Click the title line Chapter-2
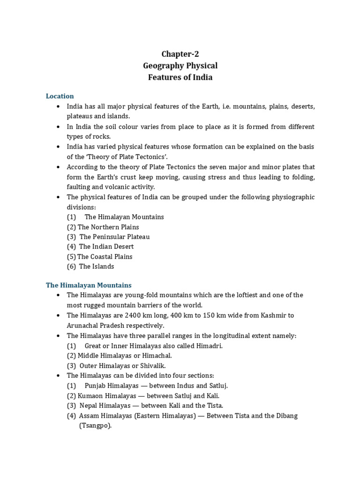pos(180,54)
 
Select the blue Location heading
pos(60,96)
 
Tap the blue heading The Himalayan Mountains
pos(89,285)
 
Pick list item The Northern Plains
pos(108,227)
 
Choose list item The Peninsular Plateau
pos(114,237)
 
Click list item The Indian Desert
pos(106,247)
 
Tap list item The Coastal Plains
pos(105,256)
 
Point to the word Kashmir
pos(281,315)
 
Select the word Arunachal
pos(83,325)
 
